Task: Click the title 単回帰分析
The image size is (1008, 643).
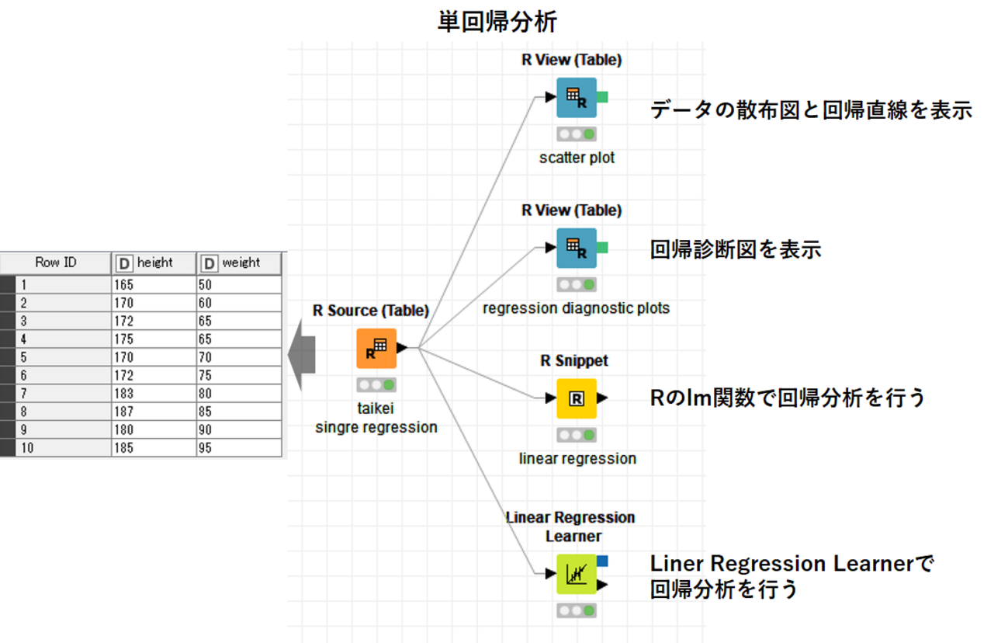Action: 497,22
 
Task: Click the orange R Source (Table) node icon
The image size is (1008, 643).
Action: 376,349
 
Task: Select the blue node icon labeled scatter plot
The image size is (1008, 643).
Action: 576,98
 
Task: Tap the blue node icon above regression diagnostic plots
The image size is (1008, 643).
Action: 576,248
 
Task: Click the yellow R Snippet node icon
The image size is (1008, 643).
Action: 577,398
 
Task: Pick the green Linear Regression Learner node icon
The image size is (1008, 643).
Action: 577,575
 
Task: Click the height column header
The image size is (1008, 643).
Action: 154,262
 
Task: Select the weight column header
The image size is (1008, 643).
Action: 240,262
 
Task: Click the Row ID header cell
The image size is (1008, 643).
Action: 56,262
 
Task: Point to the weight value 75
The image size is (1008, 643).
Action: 206,376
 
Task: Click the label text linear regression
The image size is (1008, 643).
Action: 577,459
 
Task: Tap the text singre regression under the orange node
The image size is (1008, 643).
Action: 376,428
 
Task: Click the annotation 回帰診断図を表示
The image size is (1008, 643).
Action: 735,249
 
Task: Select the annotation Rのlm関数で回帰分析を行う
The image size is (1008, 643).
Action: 788,398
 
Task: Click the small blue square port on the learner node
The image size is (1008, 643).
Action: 603,561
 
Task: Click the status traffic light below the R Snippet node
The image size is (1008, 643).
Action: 577,436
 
